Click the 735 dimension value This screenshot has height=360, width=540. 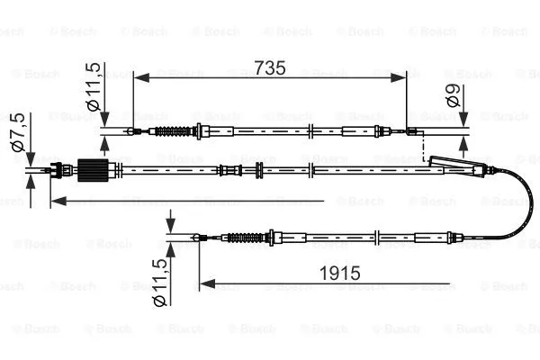click(x=270, y=67)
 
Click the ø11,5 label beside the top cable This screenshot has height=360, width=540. click(x=94, y=88)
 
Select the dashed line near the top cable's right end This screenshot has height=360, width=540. click(x=424, y=148)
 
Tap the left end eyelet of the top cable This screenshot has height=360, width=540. click(x=133, y=132)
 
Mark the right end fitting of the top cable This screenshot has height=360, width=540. click(x=413, y=133)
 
